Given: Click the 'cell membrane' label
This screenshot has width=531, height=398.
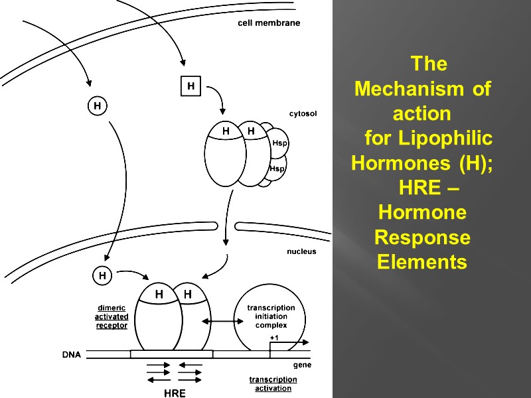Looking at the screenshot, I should coord(269,23).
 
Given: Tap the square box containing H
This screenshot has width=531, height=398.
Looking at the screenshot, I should coord(190,86).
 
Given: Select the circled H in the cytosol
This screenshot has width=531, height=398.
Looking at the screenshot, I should coord(98,105).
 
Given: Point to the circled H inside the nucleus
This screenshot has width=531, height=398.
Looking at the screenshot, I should coord(102,274).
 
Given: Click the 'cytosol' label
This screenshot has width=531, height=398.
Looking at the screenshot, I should coord(303,113).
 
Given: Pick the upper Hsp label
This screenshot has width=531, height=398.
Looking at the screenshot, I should coord(279,143).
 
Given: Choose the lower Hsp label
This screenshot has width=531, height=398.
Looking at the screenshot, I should coord(277,169).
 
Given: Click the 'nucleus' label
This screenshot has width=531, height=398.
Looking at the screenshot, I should coord(301,251).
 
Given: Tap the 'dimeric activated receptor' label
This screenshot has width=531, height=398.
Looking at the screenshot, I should coord(111,316).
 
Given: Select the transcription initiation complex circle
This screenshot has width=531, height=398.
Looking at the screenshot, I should coord(271,316).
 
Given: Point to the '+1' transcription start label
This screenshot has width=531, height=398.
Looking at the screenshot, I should coord(274,338).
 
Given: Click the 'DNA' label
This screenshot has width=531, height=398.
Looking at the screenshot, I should coord(72,354).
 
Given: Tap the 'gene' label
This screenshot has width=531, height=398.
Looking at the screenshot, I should coord(302,365).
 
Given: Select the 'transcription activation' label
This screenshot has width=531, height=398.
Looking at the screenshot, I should coord(273,383).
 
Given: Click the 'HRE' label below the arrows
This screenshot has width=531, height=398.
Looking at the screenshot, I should coord(175,393).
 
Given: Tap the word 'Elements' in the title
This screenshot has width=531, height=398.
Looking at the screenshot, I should coord(422,262).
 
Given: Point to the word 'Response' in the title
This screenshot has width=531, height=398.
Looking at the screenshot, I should coord(422,237).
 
